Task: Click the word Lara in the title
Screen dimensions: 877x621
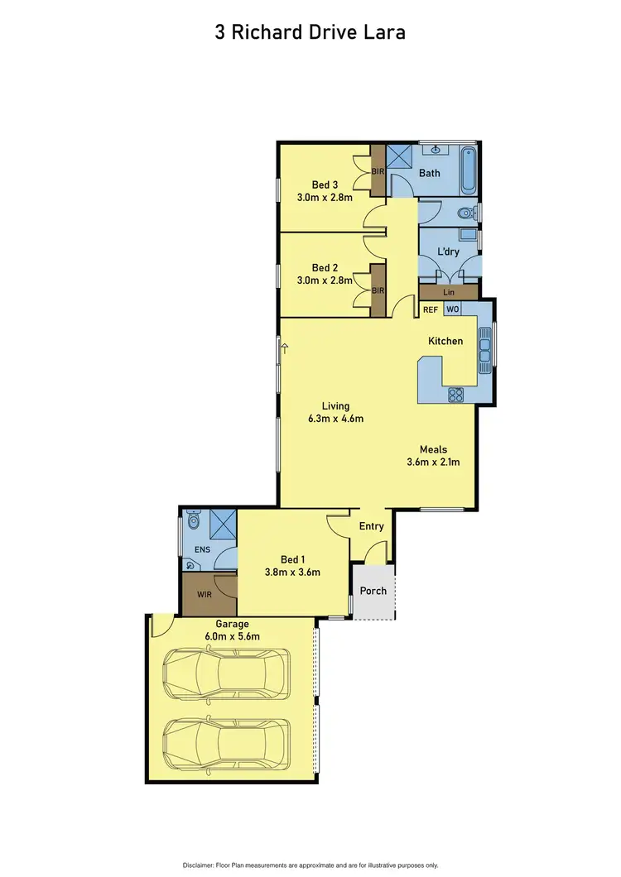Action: (x=383, y=32)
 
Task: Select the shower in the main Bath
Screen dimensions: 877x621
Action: (x=402, y=158)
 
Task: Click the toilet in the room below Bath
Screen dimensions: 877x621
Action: (x=467, y=213)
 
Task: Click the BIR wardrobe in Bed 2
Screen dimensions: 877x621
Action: (x=378, y=290)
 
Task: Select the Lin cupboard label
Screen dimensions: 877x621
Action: (x=449, y=292)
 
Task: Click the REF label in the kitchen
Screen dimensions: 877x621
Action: (x=431, y=309)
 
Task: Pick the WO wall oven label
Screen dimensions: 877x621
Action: (x=452, y=309)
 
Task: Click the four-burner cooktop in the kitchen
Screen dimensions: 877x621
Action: (x=455, y=395)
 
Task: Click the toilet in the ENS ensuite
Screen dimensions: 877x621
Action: (x=194, y=521)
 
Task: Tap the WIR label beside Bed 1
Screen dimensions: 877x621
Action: (x=204, y=594)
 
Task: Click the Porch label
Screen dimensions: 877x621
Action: (x=373, y=591)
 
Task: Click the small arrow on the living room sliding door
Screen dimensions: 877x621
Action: (x=284, y=348)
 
